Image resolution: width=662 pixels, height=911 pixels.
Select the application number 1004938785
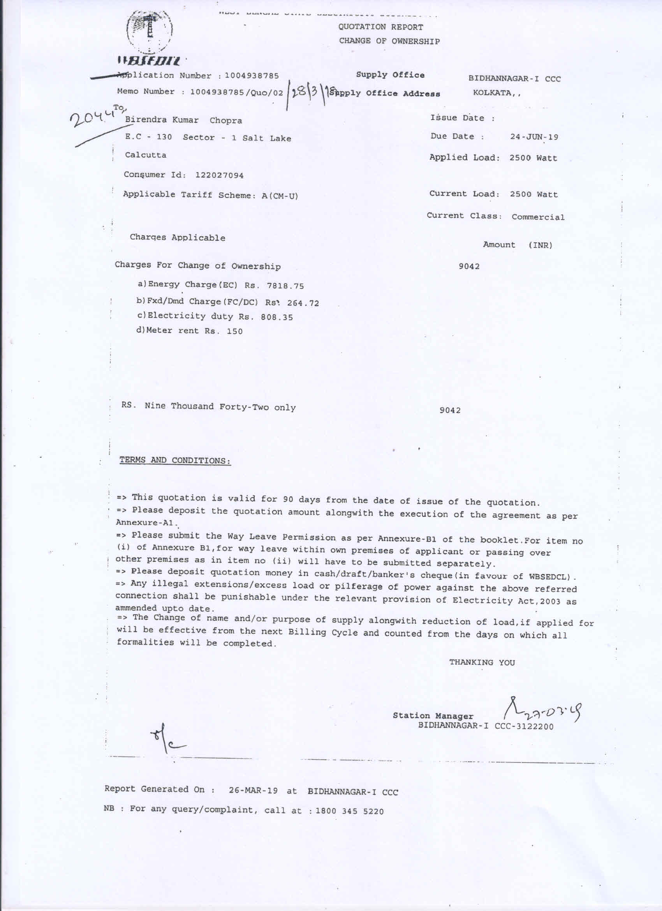[x=252, y=76]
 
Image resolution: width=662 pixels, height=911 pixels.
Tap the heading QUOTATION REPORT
[x=380, y=27]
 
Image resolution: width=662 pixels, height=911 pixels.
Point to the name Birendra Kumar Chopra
[x=183, y=120]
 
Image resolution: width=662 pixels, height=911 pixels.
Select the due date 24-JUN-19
[x=534, y=137]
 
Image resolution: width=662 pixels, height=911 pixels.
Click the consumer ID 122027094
[x=219, y=175]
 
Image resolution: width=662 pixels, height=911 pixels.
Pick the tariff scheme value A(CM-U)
[x=280, y=196]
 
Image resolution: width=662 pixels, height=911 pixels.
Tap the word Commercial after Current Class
[x=538, y=217]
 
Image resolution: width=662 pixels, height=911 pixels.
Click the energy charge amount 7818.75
[x=285, y=286]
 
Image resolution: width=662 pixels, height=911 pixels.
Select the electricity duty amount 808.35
[x=276, y=317]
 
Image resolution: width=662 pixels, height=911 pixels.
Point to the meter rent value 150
[x=234, y=331]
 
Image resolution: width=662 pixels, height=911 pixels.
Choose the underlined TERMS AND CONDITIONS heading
[x=175, y=460]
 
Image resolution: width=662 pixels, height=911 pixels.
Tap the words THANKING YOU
[x=482, y=662]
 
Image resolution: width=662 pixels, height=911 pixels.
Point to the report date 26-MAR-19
[x=253, y=791]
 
